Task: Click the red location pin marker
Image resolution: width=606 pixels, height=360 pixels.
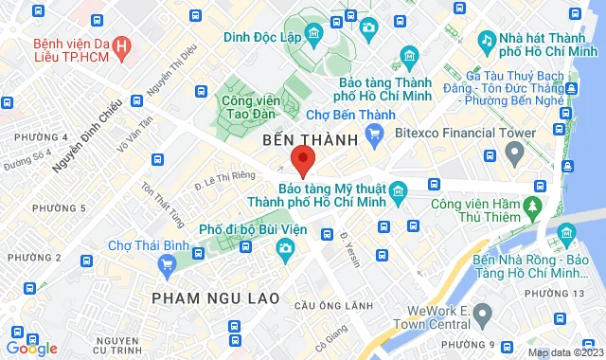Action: click(302, 162)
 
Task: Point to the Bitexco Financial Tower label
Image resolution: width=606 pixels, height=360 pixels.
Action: click(457, 133)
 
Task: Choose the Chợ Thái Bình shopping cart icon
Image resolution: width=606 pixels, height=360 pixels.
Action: click(168, 264)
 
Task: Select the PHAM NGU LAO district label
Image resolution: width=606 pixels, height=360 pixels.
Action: click(216, 298)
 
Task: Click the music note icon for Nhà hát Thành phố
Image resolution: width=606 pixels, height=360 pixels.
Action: click(487, 41)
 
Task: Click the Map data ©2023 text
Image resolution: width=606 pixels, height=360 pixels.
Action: click(563, 352)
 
